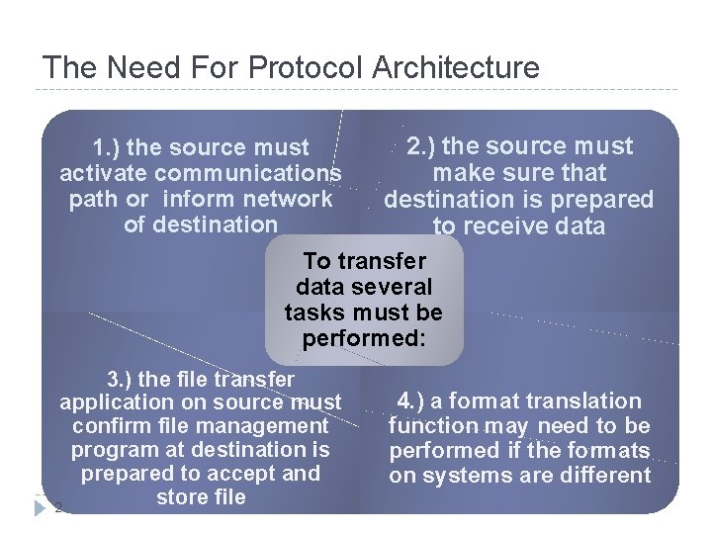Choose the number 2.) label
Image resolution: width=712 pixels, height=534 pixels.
click(x=423, y=146)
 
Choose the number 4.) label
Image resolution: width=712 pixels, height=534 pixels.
click(x=414, y=401)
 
